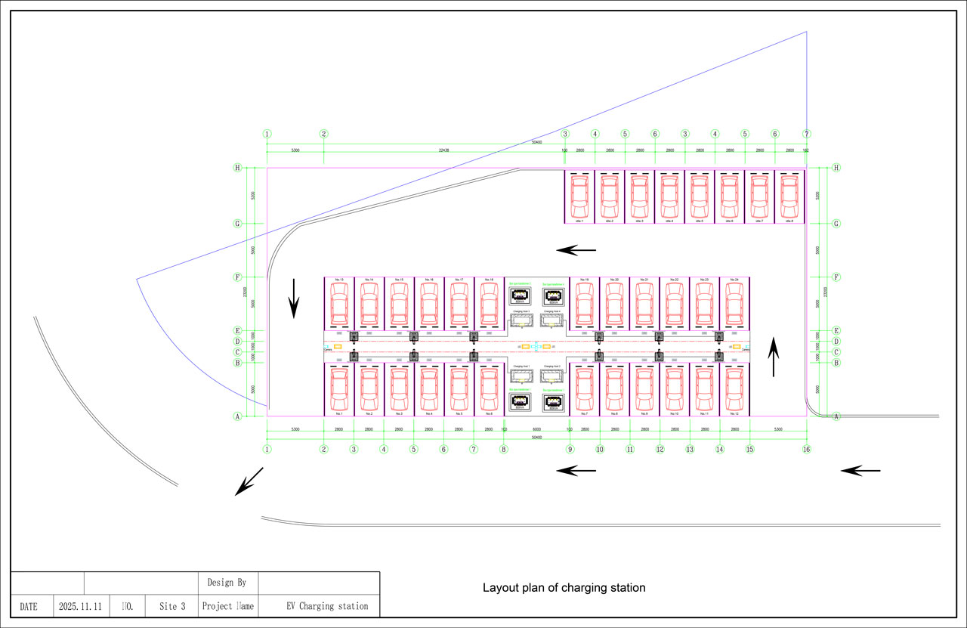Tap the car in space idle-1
(579, 196)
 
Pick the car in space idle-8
(789, 196)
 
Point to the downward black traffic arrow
(295, 307)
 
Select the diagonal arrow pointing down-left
(249, 481)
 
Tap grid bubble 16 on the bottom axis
(807, 449)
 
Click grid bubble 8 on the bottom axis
(504, 449)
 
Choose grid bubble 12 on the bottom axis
(660, 449)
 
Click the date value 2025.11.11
(80, 606)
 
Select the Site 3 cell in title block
(172, 606)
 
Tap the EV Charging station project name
(327, 606)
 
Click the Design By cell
(227, 583)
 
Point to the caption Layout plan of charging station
(564, 587)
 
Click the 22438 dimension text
(443, 150)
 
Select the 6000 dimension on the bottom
(536, 428)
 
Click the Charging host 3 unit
(521, 320)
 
